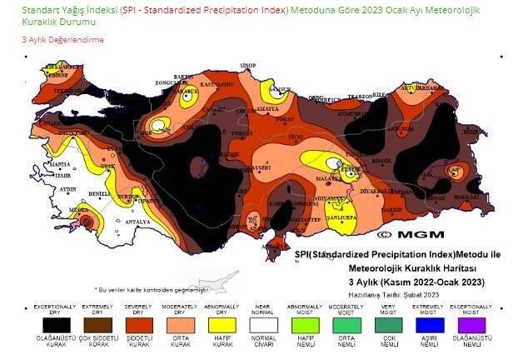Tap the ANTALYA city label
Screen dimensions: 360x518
pyautogui.click(x=132, y=222)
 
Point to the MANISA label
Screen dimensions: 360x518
pyautogui.click(x=60, y=165)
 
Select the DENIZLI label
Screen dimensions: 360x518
pyautogui.click(x=99, y=193)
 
